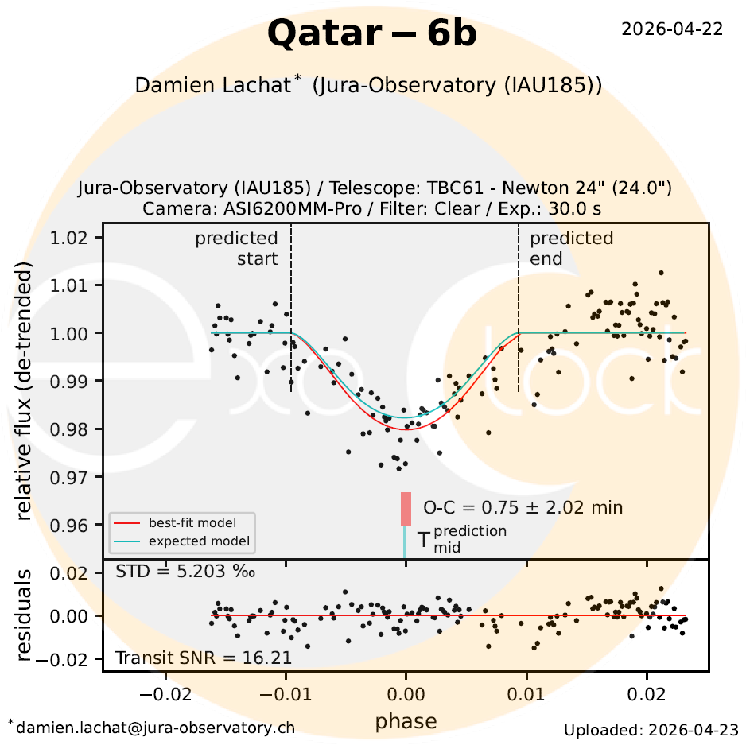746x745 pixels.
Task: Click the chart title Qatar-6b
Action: pyautogui.click(x=372, y=33)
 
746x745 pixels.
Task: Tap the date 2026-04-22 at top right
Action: pyautogui.click(x=671, y=29)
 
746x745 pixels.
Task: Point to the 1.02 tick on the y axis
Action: pyautogui.click(x=75, y=238)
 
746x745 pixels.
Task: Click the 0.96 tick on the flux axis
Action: pyautogui.click(x=75, y=526)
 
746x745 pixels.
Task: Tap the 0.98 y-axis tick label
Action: pyautogui.click(x=75, y=429)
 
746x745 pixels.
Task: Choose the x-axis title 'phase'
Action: pyautogui.click(x=406, y=720)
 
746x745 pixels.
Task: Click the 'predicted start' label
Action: pyautogui.click(x=237, y=248)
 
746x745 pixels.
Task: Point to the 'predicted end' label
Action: pyautogui.click(x=571, y=248)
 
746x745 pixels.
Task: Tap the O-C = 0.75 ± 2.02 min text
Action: pyautogui.click(x=523, y=507)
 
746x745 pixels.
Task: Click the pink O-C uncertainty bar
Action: pyautogui.click(x=406, y=509)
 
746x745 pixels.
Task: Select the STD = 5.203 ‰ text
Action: pyautogui.click(x=185, y=571)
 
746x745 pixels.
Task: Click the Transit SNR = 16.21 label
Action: pyautogui.click(x=204, y=658)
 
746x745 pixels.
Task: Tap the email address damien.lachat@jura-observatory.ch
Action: pyautogui.click(x=154, y=727)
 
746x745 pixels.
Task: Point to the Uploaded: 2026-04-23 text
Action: pyautogui.click(x=651, y=729)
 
